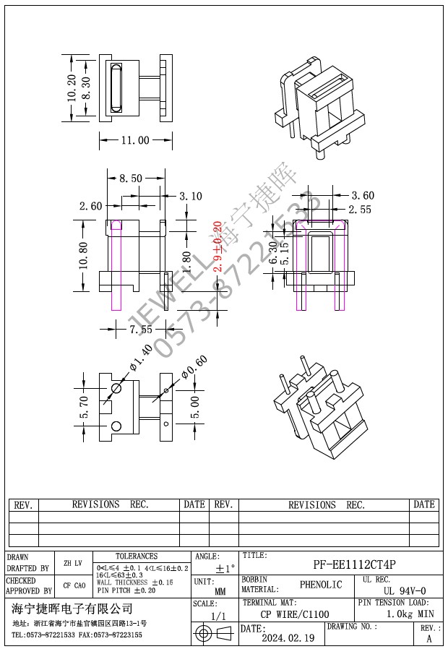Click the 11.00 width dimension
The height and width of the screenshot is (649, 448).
[134, 140]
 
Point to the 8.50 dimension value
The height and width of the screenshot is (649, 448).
[130, 179]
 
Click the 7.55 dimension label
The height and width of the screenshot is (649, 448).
[141, 330]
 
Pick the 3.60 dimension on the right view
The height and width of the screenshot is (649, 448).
[363, 195]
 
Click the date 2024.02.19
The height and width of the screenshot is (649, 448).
[288, 638]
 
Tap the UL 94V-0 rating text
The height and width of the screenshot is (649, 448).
[405, 590]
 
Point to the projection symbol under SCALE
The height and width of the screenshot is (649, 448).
[215, 634]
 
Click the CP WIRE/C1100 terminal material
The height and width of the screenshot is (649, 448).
[295, 614]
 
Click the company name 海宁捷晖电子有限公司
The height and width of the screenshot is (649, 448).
[72, 609]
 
